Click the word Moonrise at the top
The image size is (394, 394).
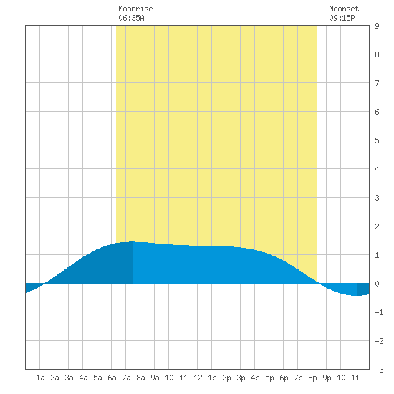click(x=135, y=9)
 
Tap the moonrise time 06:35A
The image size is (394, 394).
click(x=131, y=18)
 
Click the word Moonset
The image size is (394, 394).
click(x=344, y=9)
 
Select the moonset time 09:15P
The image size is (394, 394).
click(x=342, y=18)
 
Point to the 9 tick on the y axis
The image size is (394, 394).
click(x=377, y=26)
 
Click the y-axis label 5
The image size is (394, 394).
click(x=377, y=140)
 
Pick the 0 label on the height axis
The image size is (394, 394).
click(x=377, y=284)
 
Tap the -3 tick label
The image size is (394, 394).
click(x=379, y=370)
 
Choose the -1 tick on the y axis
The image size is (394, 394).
click(x=379, y=312)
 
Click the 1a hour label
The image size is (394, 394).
click(x=40, y=378)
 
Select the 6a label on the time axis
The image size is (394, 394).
click(x=112, y=378)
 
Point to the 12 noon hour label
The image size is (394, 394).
click(x=198, y=378)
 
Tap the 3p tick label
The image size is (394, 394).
click(x=241, y=378)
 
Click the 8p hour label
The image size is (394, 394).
click(x=312, y=378)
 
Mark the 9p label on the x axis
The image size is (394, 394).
click(x=327, y=378)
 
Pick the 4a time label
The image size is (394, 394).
click(x=83, y=378)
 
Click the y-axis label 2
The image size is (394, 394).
click(x=377, y=226)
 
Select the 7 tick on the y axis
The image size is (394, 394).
click(x=377, y=83)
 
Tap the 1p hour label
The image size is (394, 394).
click(x=212, y=378)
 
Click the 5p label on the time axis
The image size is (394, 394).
click(x=269, y=378)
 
